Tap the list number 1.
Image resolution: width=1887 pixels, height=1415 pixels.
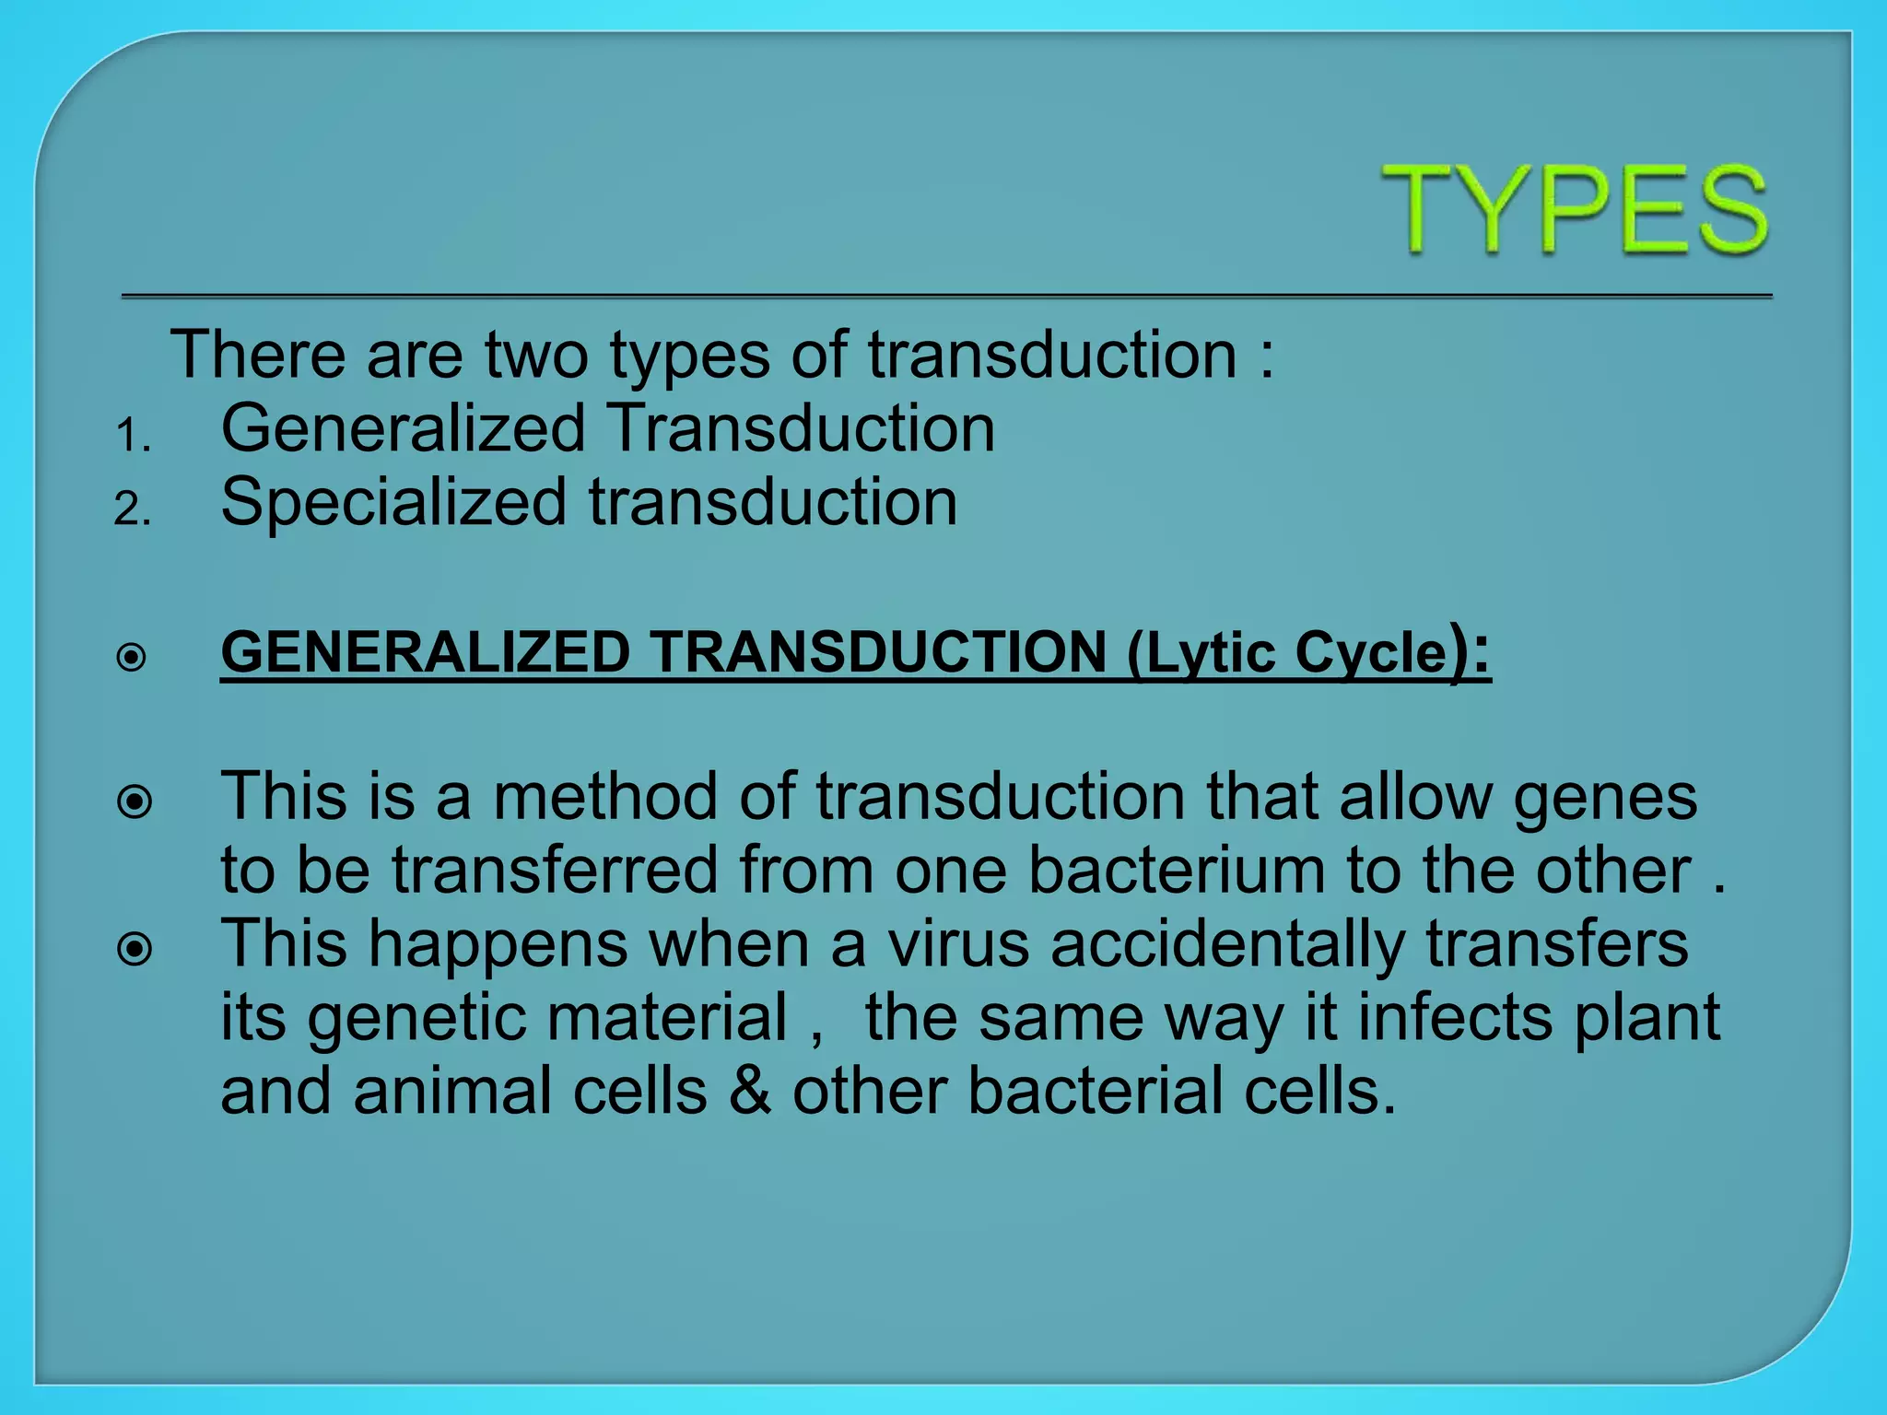132,436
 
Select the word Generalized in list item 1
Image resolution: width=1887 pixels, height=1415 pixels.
403,429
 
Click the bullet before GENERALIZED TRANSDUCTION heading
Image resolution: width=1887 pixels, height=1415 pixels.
132,658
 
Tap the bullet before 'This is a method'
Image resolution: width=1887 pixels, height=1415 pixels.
135,802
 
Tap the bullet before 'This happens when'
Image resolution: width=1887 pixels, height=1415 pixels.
135,949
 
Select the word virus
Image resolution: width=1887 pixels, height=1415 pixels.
958,944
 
